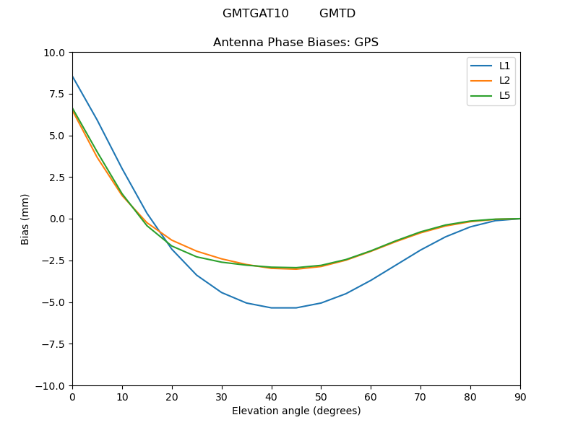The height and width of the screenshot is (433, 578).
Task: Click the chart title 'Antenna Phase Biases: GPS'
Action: (296, 43)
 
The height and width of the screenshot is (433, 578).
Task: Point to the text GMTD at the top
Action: (337, 14)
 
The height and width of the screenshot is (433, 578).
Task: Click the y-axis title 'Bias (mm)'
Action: (25, 219)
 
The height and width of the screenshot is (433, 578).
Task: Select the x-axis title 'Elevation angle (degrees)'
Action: (296, 411)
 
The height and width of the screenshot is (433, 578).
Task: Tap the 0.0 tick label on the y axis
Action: (56, 219)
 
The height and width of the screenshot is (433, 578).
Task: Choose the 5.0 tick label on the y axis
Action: (56, 136)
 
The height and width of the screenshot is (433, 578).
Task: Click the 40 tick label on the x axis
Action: (272, 396)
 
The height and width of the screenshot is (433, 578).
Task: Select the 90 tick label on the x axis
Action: (520, 396)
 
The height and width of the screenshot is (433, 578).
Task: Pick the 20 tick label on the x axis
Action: (172, 396)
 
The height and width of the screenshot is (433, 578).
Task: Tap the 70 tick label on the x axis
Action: (420, 396)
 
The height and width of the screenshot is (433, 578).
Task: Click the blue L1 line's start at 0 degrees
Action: (73, 76)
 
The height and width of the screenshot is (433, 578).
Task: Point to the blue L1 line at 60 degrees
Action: (371, 280)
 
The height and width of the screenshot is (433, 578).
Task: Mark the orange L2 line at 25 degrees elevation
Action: (197, 251)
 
